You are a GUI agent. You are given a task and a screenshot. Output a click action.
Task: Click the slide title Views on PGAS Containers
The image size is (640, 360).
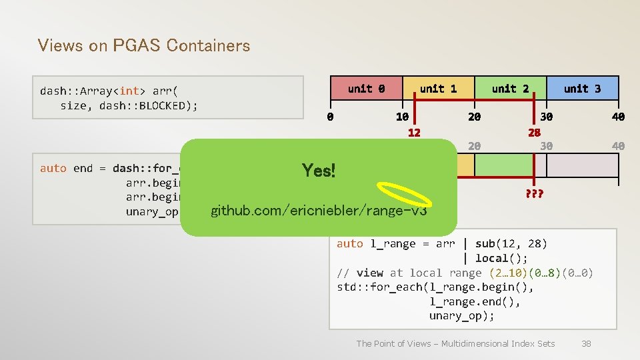pyautogui.click(x=144, y=45)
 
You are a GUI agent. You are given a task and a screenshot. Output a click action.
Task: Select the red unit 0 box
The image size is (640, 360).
pyautogui.click(x=366, y=88)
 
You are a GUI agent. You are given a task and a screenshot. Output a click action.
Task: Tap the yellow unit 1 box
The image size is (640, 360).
pyautogui.click(x=438, y=88)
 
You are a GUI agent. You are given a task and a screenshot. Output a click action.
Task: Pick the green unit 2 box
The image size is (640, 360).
pyautogui.click(x=510, y=88)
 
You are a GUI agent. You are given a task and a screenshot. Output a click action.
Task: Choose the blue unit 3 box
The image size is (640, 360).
pyautogui.click(x=582, y=88)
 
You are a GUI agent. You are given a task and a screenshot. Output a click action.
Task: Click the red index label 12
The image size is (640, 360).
pyautogui.click(x=414, y=132)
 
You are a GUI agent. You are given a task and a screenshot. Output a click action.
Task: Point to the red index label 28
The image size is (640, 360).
pyautogui.click(x=534, y=132)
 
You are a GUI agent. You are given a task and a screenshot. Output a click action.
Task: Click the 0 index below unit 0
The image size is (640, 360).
pyautogui.click(x=330, y=117)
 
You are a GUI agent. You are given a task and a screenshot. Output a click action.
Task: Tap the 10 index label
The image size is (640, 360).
pyautogui.click(x=402, y=117)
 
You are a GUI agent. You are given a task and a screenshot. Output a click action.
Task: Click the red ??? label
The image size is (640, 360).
pyautogui.click(x=534, y=194)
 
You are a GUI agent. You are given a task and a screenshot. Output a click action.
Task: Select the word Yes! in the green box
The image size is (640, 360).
pyautogui.click(x=319, y=171)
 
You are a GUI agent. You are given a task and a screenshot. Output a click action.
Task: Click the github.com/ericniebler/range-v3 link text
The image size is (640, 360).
pyautogui.click(x=319, y=211)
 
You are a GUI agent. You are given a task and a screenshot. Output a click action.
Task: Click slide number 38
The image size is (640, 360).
pyautogui.click(x=586, y=343)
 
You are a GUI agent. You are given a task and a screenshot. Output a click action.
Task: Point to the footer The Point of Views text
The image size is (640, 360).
pyautogui.click(x=455, y=343)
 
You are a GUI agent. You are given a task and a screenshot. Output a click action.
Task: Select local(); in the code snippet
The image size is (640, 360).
pyautogui.click(x=501, y=258)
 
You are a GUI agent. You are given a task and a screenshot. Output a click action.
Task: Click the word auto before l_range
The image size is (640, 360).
pyautogui.click(x=349, y=243)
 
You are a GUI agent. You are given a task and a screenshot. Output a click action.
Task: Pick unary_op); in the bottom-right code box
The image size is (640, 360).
pyautogui.click(x=461, y=316)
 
